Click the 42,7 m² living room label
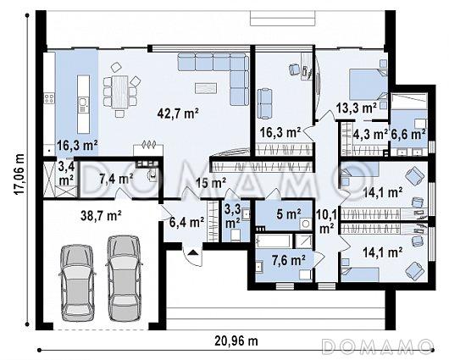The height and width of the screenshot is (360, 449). [178, 114]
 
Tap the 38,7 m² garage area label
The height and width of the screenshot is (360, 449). [101, 215]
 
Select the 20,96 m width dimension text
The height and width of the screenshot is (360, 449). [236, 341]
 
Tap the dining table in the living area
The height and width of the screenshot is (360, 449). [119, 91]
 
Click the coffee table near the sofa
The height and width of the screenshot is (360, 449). [206, 88]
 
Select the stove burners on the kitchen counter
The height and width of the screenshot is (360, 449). [49, 98]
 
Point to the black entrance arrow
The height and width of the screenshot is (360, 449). [193, 252]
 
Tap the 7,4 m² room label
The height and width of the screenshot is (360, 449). [116, 180]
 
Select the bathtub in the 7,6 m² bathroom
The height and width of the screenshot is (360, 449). [274, 241]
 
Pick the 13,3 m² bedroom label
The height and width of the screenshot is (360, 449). [356, 108]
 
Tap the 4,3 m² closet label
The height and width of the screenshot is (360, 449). [370, 135]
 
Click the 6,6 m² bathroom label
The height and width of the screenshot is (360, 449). [407, 135]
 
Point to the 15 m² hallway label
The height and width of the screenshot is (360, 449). [211, 182]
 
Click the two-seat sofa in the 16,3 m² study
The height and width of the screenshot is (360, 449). [265, 103]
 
